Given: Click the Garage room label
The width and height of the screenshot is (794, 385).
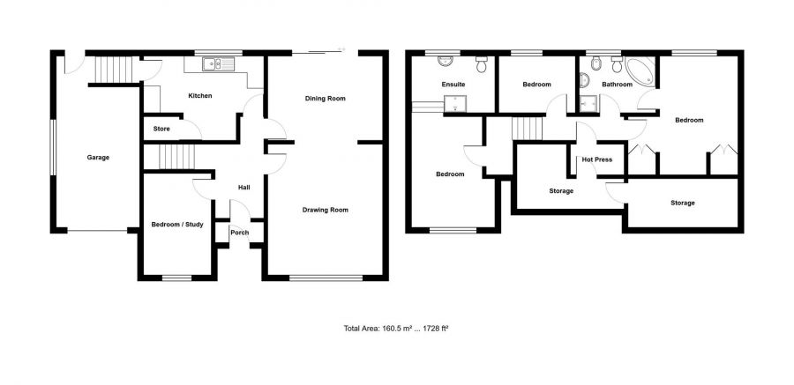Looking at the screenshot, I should pos(98,158).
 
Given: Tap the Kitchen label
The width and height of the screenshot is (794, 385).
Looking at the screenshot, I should pos(199,96).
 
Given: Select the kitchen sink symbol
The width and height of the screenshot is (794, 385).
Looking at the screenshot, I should pos(213,63).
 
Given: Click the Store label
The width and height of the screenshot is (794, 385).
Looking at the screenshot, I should pos(161,129).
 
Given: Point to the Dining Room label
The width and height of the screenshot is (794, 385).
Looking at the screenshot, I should pos(325,99).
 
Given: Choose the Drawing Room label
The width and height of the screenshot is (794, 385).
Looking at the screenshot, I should pos(325,210).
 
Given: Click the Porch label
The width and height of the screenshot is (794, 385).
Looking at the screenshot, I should pos(239,233).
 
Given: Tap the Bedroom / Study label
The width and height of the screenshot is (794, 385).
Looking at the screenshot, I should pos(177,224).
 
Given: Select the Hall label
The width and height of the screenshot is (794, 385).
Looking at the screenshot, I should pos(244,187).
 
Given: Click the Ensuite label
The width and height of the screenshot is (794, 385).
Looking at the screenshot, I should pos(453,85).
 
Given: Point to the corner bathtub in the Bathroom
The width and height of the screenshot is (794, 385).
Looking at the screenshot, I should pos(637,71).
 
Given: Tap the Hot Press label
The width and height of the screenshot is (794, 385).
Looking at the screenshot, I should pos(597,159).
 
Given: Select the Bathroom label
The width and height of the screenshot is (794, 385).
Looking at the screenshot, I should pos(618,85).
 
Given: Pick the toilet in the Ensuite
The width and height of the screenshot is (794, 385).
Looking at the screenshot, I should pos(482,64).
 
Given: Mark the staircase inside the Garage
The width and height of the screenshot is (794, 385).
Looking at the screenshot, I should pos(113,69).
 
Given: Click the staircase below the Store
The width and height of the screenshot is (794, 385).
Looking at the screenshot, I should pos(175,158).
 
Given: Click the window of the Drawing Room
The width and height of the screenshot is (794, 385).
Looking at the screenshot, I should pos(325,278).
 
